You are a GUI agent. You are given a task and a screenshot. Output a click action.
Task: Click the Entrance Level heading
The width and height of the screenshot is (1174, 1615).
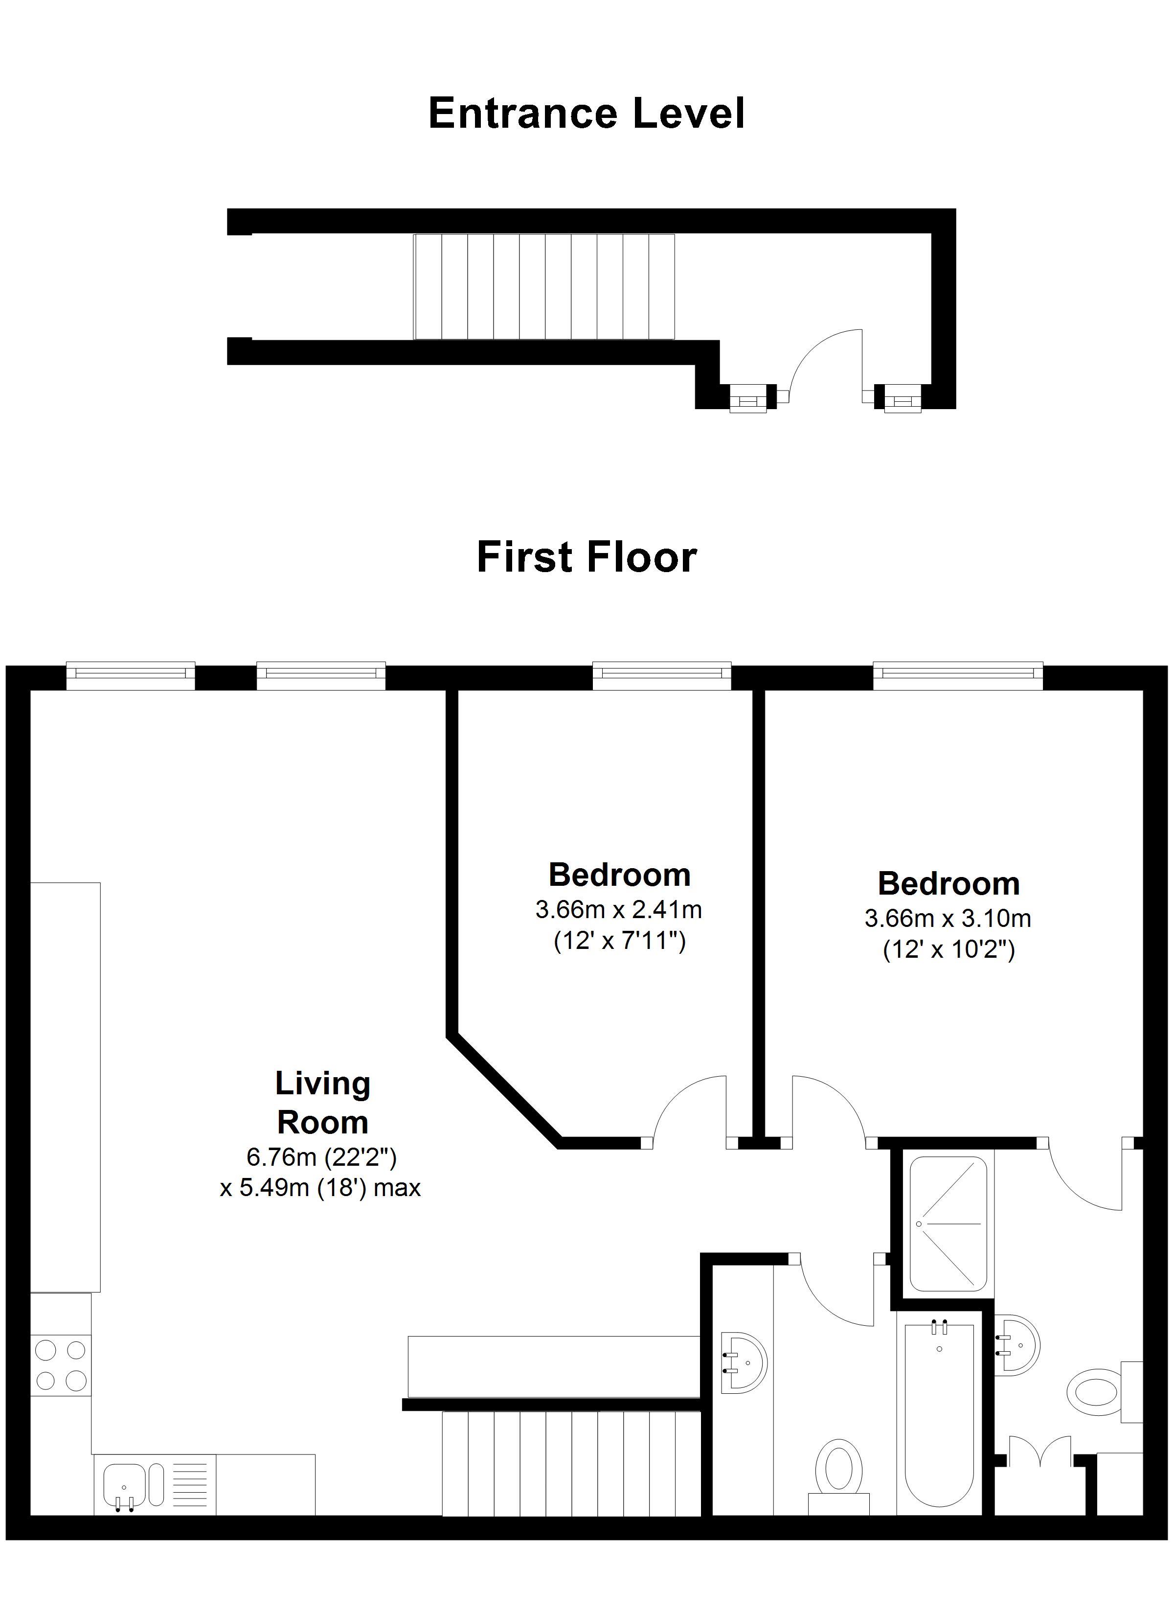pos(587,114)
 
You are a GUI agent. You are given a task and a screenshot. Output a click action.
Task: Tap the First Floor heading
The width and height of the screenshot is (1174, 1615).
pos(587,557)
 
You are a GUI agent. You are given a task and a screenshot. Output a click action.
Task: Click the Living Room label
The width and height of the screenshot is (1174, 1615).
pos(322,1103)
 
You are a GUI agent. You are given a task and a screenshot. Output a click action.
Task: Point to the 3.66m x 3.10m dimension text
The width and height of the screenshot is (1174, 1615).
pos(948,918)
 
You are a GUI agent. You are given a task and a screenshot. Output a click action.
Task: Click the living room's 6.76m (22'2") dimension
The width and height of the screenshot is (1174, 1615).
pos(321,1157)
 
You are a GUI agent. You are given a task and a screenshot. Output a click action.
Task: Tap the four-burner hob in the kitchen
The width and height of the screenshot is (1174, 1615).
pos(61,1365)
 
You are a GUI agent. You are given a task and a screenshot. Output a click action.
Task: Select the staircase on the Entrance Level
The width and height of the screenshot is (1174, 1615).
pos(544,287)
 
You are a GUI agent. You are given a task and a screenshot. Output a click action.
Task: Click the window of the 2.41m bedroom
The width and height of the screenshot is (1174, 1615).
pos(662,676)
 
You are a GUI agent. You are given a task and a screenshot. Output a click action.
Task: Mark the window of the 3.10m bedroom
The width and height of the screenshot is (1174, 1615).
pos(958,676)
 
